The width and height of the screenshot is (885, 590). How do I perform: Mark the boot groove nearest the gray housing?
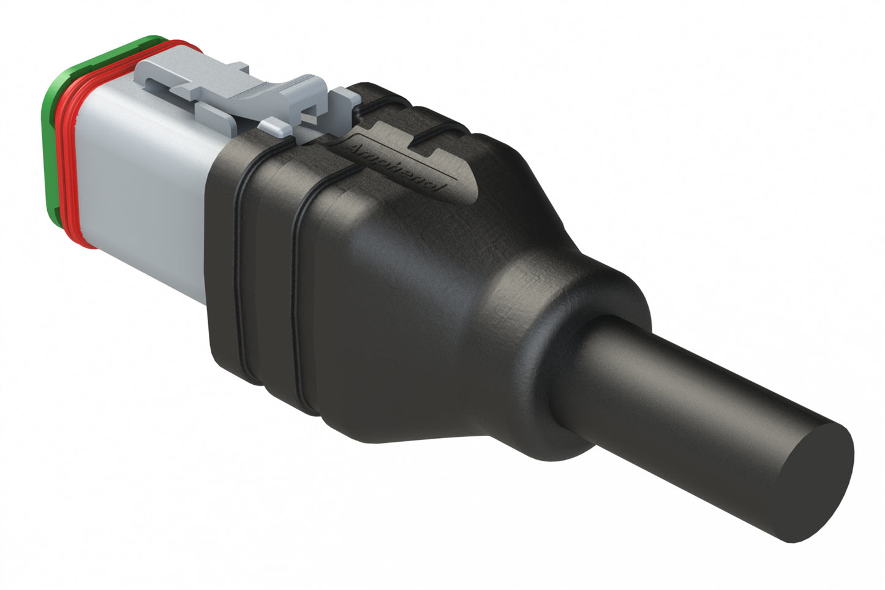pyautogui.click(x=242, y=263)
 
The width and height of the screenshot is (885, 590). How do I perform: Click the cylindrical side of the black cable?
pyautogui.click(x=686, y=392)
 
